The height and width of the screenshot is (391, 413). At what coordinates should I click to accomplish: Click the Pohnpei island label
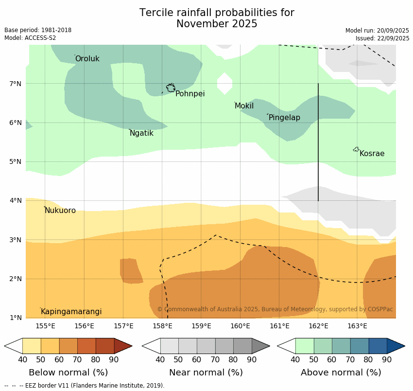(x=190, y=94)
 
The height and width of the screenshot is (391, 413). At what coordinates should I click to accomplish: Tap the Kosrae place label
(x=372, y=154)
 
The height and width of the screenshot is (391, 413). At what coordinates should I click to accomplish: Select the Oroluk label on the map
(x=87, y=59)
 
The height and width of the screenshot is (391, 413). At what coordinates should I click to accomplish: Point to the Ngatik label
(x=141, y=133)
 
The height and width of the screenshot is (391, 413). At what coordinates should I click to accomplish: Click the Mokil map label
(x=244, y=106)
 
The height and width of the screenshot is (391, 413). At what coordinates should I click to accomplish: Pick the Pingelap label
(x=284, y=118)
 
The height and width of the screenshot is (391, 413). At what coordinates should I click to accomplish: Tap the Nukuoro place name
(x=60, y=211)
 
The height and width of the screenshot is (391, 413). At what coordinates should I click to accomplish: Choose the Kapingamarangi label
(x=71, y=312)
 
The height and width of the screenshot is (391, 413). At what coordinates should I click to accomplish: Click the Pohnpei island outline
(x=171, y=88)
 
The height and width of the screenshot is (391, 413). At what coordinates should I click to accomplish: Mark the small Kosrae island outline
(x=356, y=149)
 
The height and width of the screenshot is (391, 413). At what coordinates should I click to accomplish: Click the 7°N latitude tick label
(x=16, y=84)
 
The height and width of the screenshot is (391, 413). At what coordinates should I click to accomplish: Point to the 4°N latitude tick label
(x=16, y=200)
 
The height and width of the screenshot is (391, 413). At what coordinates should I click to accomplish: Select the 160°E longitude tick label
(x=241, y=326)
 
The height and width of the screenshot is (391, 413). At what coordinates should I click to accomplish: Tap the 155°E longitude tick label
(x=45, y=326)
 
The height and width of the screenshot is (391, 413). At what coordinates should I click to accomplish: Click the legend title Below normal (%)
(x=68, y=373)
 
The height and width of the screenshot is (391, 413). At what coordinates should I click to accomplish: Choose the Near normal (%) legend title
(x=206, y=373)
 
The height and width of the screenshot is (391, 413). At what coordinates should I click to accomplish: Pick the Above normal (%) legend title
(x=341, y=373)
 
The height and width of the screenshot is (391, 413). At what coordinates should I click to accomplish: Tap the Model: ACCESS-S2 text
(x=30, y=38)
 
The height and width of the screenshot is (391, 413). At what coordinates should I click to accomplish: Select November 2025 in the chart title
(x=217, y=24)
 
